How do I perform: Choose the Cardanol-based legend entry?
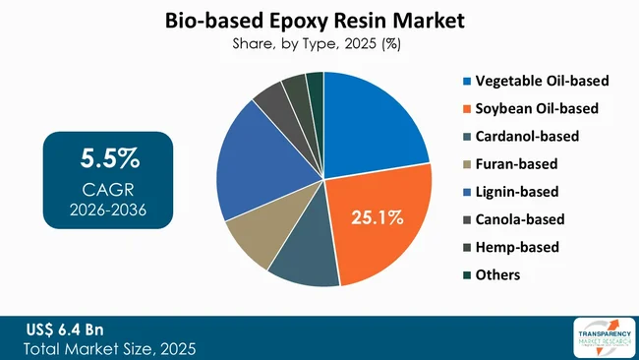[x=527, y=136]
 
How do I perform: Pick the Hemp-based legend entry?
[x=517, y=247]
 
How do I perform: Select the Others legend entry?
[x=496, y=274]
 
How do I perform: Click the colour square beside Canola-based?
[x=465, y=219]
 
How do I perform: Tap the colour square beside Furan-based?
[x=465, y=163]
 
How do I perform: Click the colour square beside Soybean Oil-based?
[x=465, y=108]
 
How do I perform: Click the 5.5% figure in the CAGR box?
[x=108, y=158]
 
